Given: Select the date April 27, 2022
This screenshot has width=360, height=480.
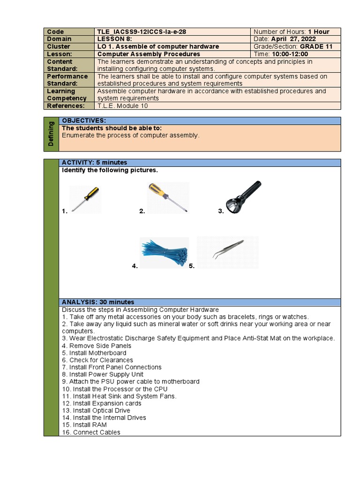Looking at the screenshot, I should point(294,39).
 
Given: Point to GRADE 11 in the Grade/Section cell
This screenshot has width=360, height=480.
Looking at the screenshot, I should point(315,47).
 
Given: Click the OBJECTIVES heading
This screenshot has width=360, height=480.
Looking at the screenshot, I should point(84,121).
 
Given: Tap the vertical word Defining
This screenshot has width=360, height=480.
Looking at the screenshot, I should point(51,134).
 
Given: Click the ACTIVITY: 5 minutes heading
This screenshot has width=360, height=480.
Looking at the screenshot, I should point(94,163).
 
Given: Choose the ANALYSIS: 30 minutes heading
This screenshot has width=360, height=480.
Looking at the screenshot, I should point(98,302).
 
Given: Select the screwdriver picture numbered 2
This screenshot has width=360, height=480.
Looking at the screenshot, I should point(168,197).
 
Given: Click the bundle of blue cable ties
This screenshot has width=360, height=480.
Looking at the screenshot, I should point(165,253).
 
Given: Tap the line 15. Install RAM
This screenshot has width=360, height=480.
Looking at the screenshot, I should point(84,425).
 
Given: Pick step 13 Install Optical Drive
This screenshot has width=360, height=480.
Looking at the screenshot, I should point(96,411).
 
